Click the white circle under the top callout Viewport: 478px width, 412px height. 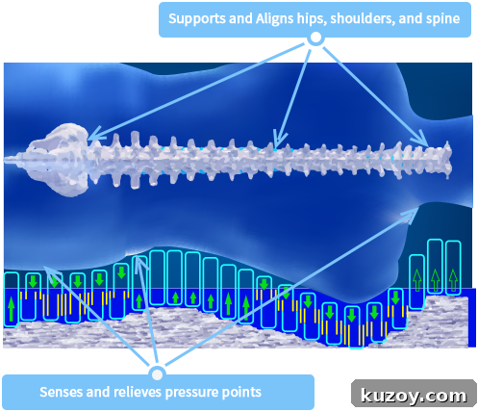pyautogui.click(x=315, y=38)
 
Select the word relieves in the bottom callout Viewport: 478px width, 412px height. pyautogui.click(x=138, y=392)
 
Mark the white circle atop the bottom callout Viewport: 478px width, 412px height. pyautogui.click(x=157, y=374)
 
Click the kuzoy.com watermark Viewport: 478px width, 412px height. pyautogui.click(x=414, y=396)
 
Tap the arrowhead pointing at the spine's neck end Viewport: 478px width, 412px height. pyautogui.click(x=421, y=139)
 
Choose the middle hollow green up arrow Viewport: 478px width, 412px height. pyautogui.click(x=435, y=280)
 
